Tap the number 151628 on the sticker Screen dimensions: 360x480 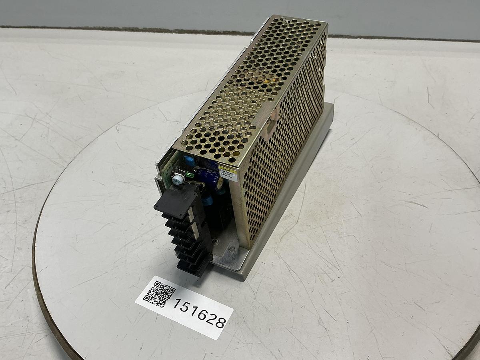[199, 313]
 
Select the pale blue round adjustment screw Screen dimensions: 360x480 [178, 180]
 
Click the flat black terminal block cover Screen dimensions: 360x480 [176, 202]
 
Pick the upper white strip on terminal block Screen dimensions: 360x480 [191, 216]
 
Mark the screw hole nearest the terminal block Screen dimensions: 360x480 [215, 241]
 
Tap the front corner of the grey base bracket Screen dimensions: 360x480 [240, 276]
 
